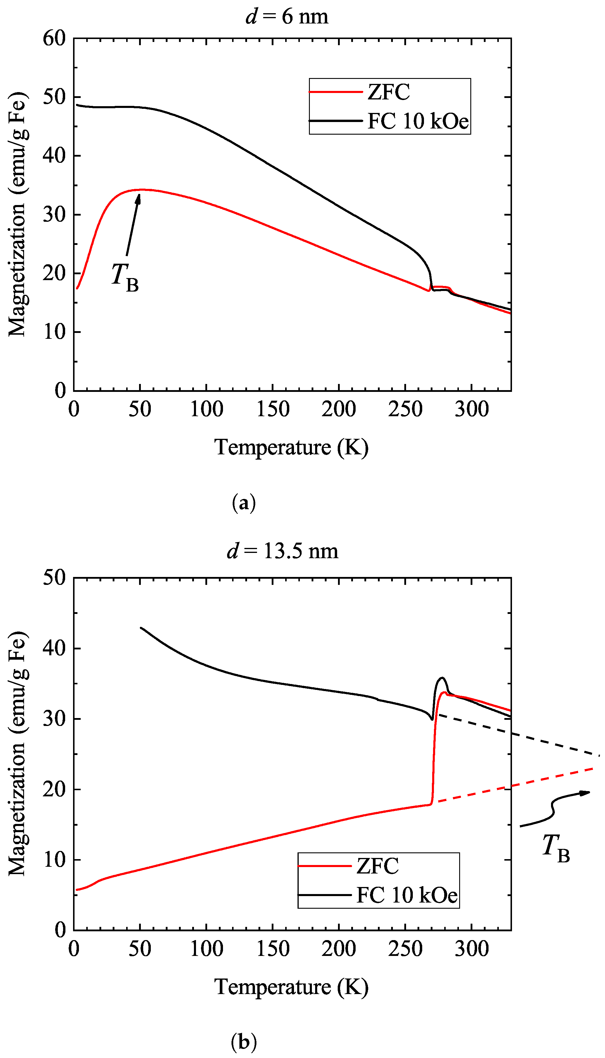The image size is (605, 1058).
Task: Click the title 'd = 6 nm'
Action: tap(287, 17)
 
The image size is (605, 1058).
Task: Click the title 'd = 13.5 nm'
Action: tap(283, 551)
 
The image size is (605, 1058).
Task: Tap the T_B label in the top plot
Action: tap(125, 276)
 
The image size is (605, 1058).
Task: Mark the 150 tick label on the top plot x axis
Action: tap(273, 409)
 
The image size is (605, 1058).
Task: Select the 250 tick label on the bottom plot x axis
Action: tap(405, 948)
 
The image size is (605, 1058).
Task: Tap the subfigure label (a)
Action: tap(244, 503)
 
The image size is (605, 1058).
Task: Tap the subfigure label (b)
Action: tap(244, 1042)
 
